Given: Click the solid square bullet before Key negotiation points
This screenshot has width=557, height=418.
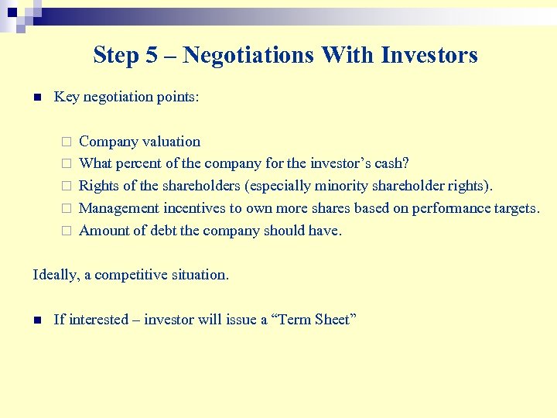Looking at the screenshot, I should (36, 98).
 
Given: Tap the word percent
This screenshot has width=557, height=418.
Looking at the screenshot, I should (139, 163).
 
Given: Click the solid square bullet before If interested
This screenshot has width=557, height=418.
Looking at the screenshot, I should (36, 320).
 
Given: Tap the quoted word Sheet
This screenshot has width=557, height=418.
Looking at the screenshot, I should (335, 320).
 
